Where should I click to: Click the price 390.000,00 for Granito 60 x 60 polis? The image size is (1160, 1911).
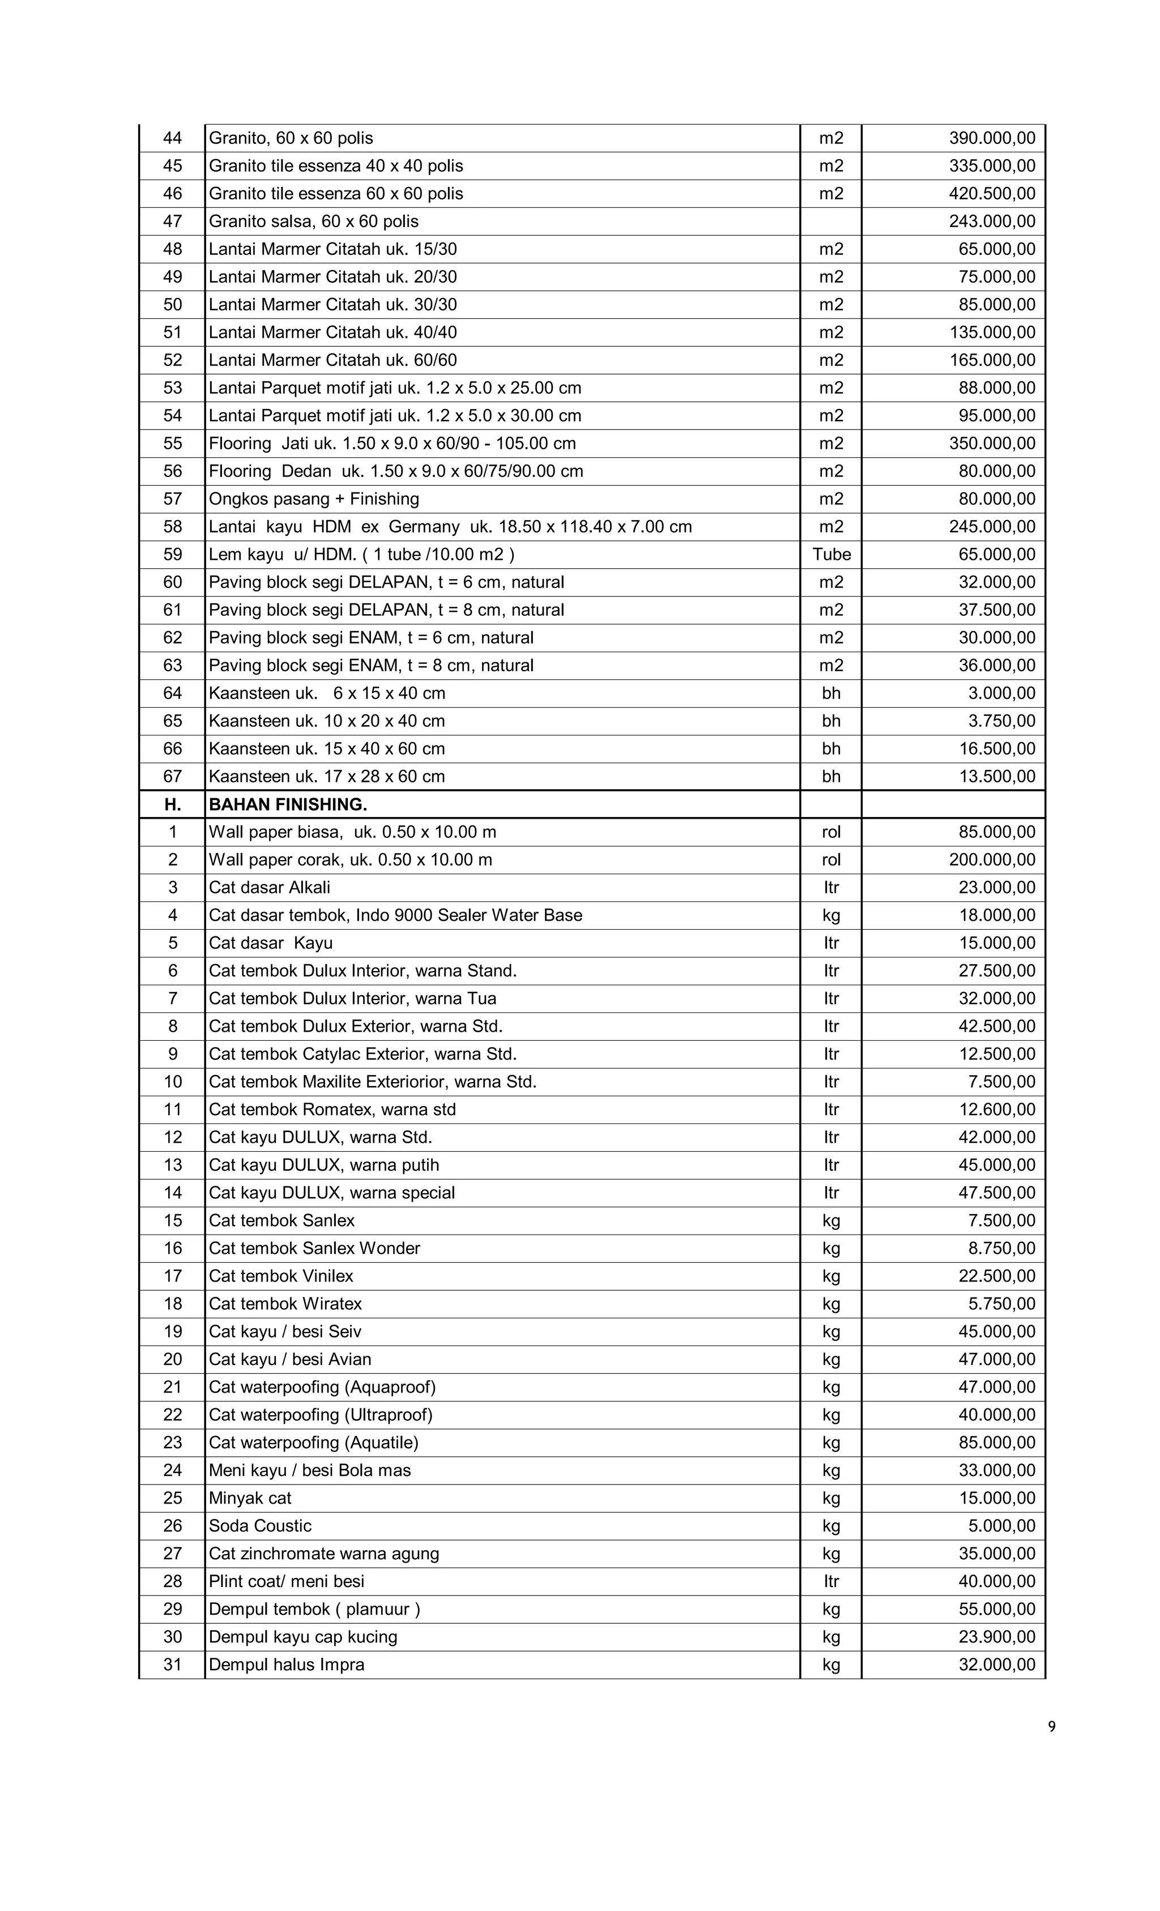click(991, 138)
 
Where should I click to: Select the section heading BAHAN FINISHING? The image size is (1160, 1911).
click(288, 805)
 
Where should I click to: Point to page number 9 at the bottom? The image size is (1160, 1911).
click(1051, 1726)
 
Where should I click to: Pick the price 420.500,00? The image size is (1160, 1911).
click(991, 194)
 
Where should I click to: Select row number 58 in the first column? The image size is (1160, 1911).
click(172, 526)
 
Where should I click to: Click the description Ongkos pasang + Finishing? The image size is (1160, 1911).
click(313, 499)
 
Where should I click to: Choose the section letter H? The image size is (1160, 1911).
click(172, 805)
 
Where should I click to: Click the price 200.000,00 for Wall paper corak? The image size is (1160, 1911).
click(991, 859)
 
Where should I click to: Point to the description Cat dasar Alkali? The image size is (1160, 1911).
click(269, 887)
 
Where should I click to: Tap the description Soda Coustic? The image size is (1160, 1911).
click(260, 1526)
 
